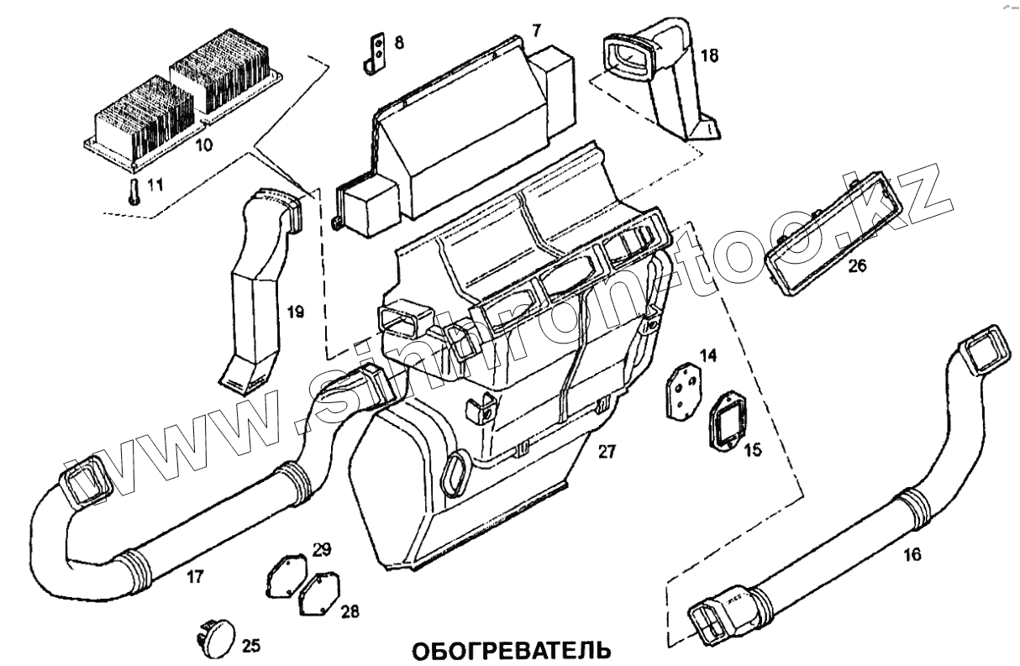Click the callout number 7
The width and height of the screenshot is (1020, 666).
point(536,30)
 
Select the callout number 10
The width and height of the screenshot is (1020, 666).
point(204,144)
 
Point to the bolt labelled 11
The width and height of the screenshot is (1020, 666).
point(133,192)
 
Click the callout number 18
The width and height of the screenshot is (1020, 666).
point(709,56)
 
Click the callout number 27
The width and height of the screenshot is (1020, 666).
point(607,451)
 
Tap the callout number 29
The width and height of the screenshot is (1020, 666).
point(323,550)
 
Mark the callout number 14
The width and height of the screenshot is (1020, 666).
point(708,355)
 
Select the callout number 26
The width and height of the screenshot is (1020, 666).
point(857,266)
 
